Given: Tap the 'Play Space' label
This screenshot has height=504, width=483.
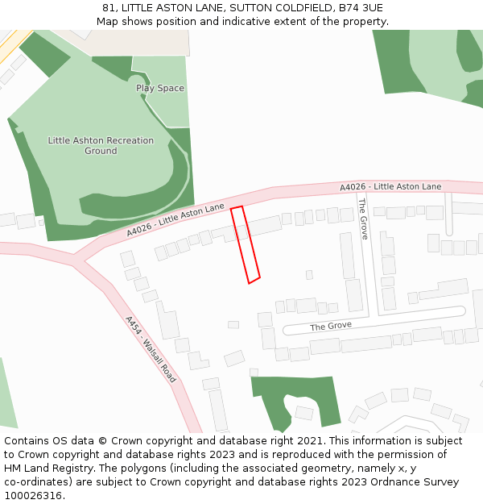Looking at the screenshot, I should (x=160, y=88).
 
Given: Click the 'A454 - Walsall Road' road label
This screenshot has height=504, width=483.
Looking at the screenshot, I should (x=151, y=348).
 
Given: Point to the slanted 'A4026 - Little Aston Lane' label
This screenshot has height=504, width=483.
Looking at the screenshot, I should (x=175, y=219).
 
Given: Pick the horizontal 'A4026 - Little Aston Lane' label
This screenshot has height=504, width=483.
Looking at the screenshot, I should (x=390, y=187).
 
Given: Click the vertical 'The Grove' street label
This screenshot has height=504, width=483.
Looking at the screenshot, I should (x=363, y=219).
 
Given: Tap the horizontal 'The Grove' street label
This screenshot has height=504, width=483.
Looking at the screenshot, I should (x=331, y=327).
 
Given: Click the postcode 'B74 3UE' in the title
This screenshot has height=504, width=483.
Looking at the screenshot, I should (x=361, y=8).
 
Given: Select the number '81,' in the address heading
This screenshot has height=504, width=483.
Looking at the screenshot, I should (x=110, y=8).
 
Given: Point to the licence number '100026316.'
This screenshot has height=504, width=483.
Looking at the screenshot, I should (x=33, y=496).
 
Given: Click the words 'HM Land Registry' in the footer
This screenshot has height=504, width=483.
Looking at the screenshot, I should (x=43, y=469).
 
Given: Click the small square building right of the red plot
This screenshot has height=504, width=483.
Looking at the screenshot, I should (x=309, y=275).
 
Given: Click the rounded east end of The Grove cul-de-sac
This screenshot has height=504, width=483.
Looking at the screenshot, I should (x=460, y=310).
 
